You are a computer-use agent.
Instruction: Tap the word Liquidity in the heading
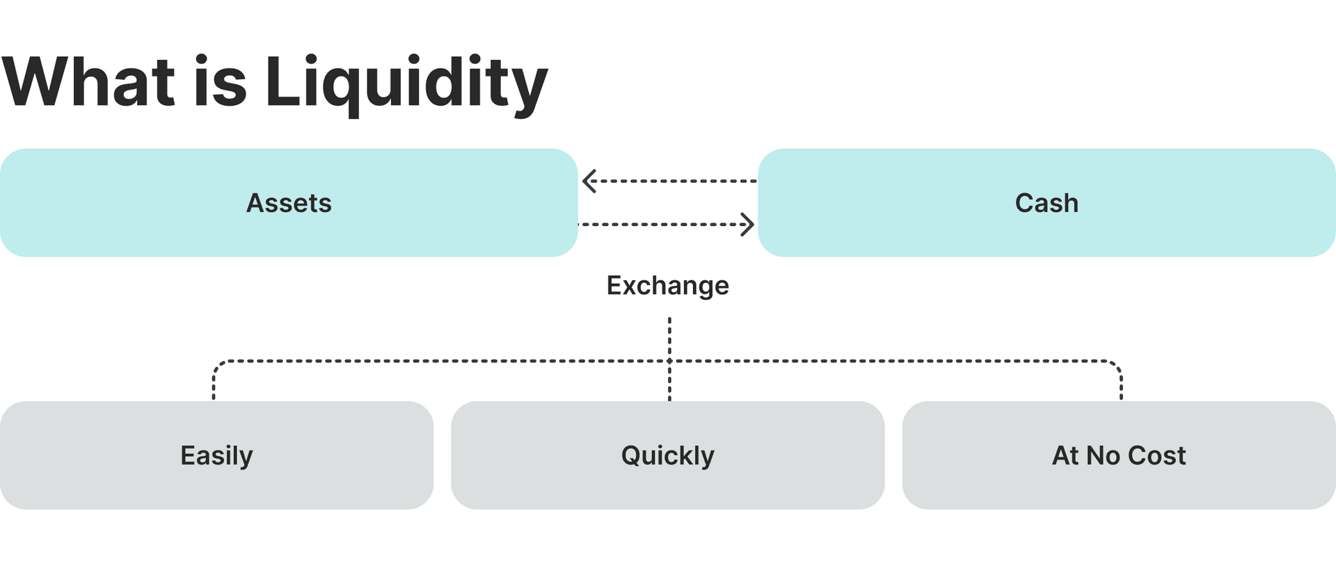pyautogui.click(x=406, y=83)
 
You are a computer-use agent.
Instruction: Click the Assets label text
pyautogui.click(x=289, y=203)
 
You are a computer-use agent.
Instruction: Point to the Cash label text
pyautogui.click(x=1047, y=203)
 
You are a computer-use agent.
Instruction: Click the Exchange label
pyautogui.click(x=667, y=286)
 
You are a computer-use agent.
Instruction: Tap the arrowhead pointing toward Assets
pyautogui.click(x=589, y=181)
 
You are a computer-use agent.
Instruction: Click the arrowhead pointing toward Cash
pyautogui.click(x=747, y=225)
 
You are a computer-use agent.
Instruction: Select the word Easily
pyautogui.click(x=216, y=455)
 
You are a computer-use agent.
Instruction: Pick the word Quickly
pyautogui.click(x=667, y=455)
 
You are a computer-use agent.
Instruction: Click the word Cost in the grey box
pyautogui.click(x=1156, y=455)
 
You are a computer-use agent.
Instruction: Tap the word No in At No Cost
pyautogui.click(x=1103, y=455)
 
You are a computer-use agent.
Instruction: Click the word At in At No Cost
pyautogui.click(x=1065, y=455)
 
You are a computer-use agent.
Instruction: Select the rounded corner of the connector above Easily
pyautogui.click(x=217, y=364)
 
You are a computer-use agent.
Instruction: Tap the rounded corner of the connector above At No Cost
pyautogui.click(x=1118, y=364)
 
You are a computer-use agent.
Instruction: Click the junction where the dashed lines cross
pyautogui.click(x=669, y=361)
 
